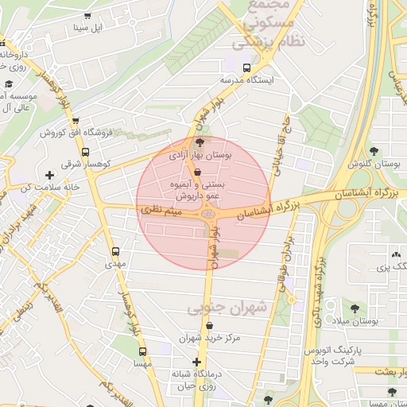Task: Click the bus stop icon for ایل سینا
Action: click(86, 15)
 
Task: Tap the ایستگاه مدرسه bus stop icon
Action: click(247, 68)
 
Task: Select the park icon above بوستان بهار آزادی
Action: click(199, 142)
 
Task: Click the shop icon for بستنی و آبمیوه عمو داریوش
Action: click(197, 172)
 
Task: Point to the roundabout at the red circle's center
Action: click(207, 212)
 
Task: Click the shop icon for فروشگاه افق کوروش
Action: click(76, 121)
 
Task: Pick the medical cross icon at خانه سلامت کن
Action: click(51, 175)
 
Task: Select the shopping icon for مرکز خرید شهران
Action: click(208, 326)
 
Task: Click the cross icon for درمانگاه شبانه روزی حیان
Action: click(197, 362)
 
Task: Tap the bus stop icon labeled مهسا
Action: click(142, 351)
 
